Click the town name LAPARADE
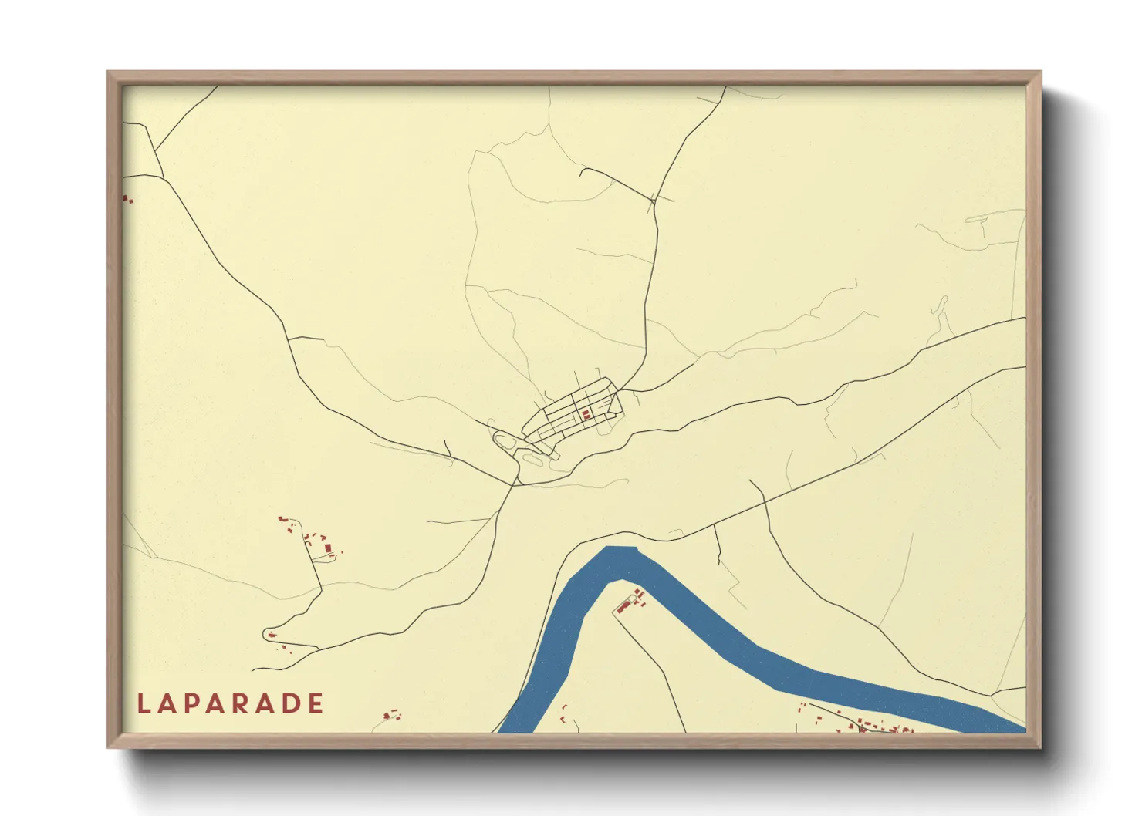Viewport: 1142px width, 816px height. click(x=231, y=703)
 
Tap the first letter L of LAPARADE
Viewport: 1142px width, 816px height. click(x=143, y=703)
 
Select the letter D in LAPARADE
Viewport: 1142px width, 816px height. click(x=290, y=703)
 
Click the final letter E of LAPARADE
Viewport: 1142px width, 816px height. click(x=315, y=703)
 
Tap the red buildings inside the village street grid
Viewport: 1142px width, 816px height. click(x=586, y=415)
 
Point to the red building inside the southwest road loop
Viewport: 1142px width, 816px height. click(x=272, y=635)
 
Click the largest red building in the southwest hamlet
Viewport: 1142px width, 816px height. click(x=328, y=548)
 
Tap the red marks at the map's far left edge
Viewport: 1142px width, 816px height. click(x=127, y=200)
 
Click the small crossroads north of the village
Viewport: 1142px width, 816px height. click(x=653, y=201)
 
